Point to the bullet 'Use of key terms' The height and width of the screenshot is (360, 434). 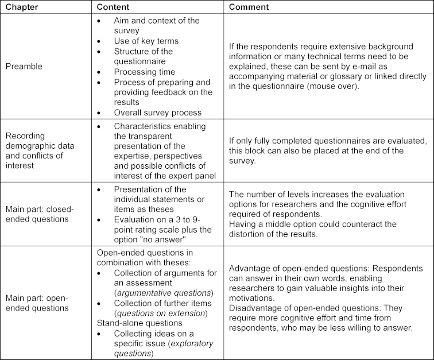click(x=146, y=41)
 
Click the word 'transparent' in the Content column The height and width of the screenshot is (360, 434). click(x=138, y=136)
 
